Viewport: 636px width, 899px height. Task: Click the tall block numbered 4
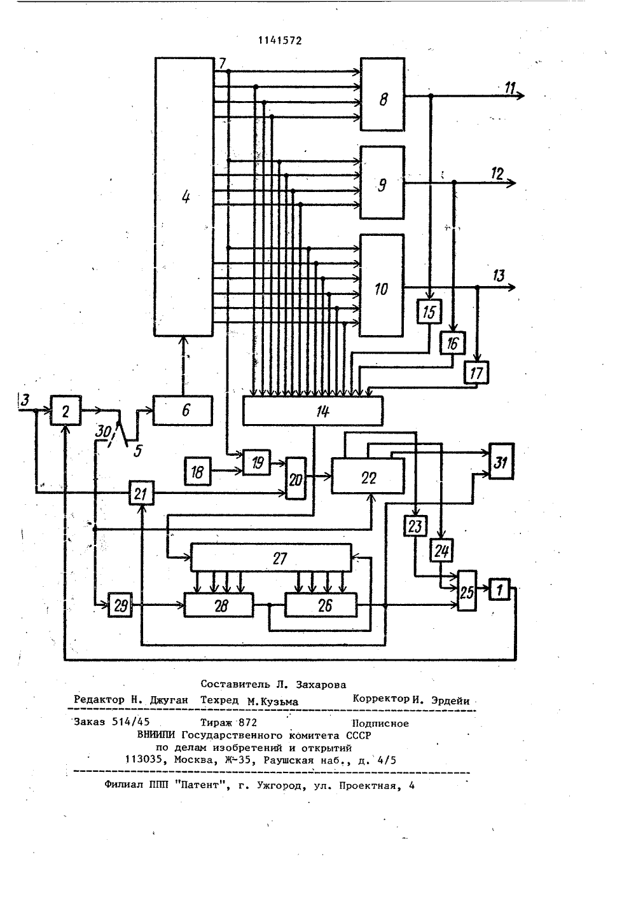point(184,196)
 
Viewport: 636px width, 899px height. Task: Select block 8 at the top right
point(382,94)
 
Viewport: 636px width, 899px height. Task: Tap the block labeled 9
point(382,182)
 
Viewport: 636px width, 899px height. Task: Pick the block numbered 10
point(382,285)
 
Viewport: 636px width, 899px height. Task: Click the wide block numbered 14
point(313,411)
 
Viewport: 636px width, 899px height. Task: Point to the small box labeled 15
point(429,312)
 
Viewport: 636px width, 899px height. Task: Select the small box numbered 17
point(476,373)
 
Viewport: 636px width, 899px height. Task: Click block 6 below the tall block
point(183,410)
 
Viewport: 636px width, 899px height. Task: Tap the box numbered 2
point(66,410)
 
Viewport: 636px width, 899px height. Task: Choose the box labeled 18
point(198,471)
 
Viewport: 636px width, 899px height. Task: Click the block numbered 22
point(368,476)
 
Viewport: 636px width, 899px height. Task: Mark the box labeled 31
point(501,461)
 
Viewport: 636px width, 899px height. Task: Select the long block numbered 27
point(271,558)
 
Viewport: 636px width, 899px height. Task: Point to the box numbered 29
point(120,605)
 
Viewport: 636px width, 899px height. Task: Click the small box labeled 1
point(499,589)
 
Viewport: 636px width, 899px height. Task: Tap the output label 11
point(510,87)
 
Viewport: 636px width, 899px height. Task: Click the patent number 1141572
point(280,41)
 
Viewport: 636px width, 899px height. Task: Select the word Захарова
point(321,684)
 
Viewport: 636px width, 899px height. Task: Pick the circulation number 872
point(247,722)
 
